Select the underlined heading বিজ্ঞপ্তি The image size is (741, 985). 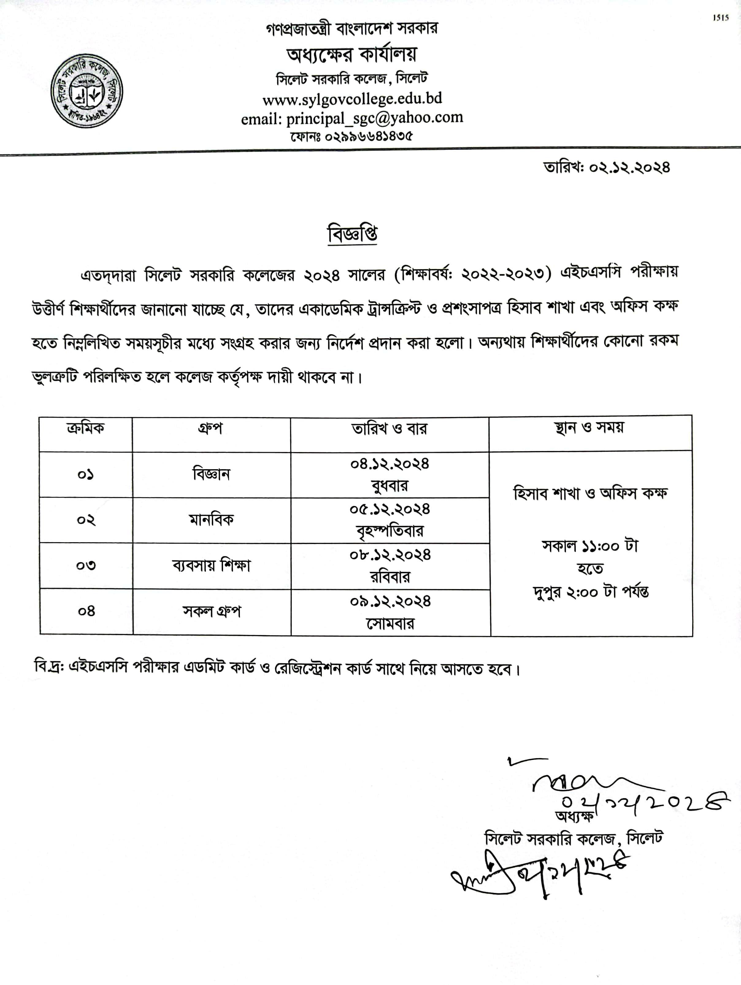point(352,234)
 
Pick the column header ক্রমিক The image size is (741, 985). point(86,428)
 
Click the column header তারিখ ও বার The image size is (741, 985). point(389,429)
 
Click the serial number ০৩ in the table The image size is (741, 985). point(86,565)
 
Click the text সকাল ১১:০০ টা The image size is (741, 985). point(590,546)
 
